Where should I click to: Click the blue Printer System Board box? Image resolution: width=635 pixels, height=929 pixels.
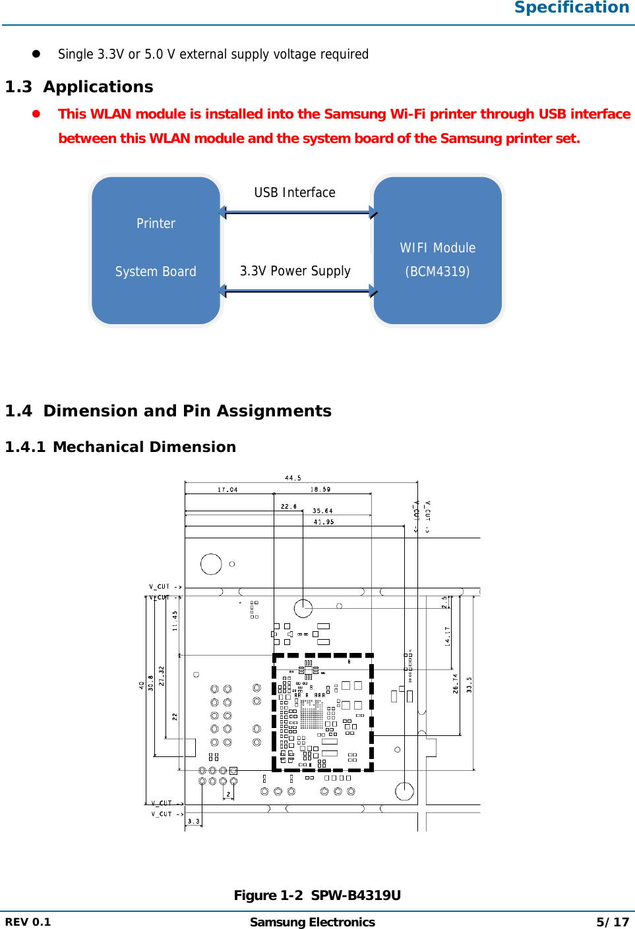(x=156, y=250)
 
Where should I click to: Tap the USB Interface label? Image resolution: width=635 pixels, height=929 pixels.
(x=295, y=192)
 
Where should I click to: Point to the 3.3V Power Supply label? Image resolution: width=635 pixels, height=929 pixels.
(x=295, y=271)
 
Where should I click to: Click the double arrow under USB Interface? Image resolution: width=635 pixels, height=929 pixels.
(x=297, y=212)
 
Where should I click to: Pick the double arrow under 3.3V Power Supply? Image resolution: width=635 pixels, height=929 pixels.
(x=297, y=291)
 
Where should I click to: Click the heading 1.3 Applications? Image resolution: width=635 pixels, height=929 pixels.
(x=79, y=87)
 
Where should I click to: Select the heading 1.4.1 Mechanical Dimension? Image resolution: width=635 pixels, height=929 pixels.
(x=120, y=447)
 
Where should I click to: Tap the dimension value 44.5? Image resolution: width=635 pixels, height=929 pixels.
(x=293, y=478)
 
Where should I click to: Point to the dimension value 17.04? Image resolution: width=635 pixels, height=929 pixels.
(x=227, y=490)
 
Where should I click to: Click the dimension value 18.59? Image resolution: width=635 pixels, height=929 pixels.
(x=320, y=490)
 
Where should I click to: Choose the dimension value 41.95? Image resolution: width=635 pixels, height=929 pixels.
(x=324, y=522)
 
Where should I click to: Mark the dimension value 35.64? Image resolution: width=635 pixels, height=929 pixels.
(x=322, y=511)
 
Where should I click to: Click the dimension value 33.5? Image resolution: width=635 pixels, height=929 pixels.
(x=469, y=685)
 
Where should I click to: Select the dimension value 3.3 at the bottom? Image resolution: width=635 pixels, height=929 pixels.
(x=193, y=821)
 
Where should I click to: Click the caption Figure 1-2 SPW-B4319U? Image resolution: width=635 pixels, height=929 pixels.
(x=317, y=895)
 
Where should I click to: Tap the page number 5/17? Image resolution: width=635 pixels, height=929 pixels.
(x=613, y=922)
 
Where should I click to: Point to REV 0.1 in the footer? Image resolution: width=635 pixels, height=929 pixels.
(x=28, y=922)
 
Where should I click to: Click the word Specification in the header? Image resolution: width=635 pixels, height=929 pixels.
(x=572, y=7)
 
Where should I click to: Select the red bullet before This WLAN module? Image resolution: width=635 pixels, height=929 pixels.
(x=36, y=113)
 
